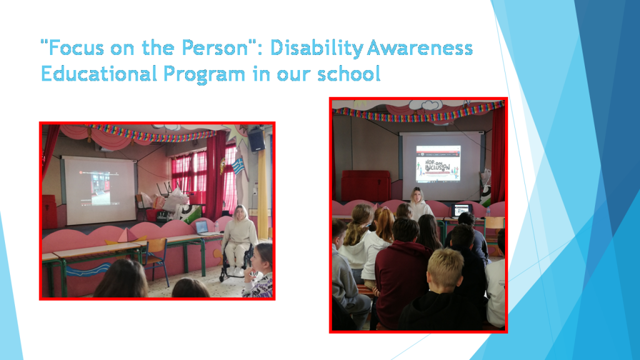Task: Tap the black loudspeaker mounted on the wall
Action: (256, 139)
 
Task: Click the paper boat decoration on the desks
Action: (126, 237)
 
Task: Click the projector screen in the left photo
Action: (100, 190)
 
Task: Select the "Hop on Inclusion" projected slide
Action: (438, 164)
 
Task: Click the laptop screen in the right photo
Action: (462, 210)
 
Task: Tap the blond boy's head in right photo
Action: (445, 267)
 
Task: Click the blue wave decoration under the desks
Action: (87, 270)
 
